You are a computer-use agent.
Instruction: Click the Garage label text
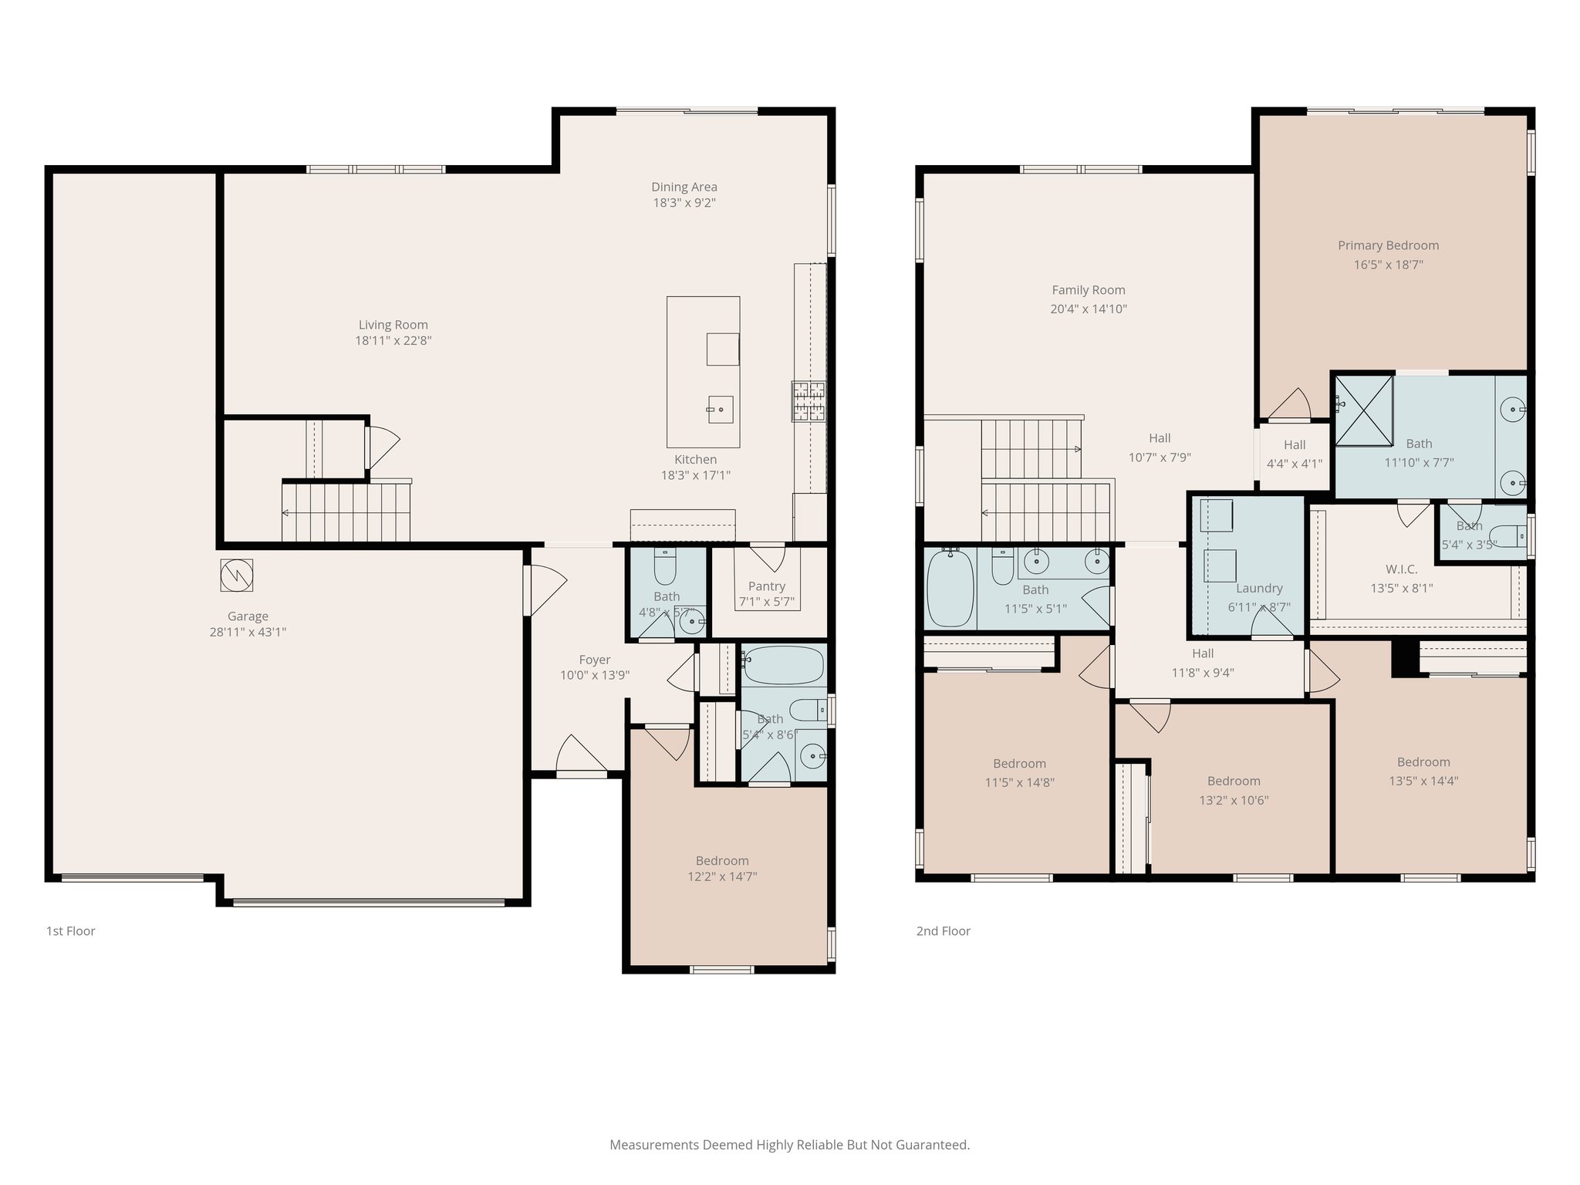click(248, 616)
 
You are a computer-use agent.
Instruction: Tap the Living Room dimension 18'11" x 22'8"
click(393, 340)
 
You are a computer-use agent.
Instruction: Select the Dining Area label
click(684, 187)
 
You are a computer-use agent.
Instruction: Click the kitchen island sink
click(720, 409)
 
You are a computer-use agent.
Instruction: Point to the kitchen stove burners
click(808, 401)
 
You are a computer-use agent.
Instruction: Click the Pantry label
click(766, 586)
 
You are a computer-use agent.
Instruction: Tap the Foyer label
click(594, 660)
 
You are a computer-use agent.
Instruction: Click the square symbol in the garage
click(236, 575)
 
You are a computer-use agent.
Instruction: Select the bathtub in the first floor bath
click(784, 665)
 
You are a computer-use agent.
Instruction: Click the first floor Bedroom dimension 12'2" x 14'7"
click(722, 876)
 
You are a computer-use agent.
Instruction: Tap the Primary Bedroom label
click(1388, 245)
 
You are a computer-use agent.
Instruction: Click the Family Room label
click(1088, 290)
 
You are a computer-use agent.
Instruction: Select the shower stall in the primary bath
click(1364, 410)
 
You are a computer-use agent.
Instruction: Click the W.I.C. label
click(1401, 569)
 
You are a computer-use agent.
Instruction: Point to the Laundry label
click(1259, 588)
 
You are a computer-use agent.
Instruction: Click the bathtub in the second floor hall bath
click(950, 588)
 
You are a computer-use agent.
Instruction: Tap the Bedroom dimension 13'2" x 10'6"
click(1234, 800)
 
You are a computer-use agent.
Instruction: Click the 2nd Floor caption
click(943, 931)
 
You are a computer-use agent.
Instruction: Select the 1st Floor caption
click(71, 931)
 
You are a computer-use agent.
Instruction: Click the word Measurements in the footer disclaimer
click(653, 1145)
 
